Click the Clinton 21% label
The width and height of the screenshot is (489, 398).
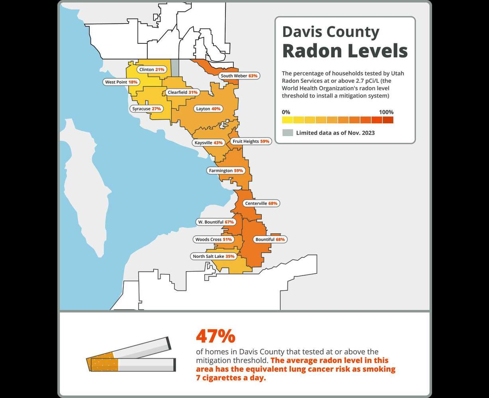coord(152,69)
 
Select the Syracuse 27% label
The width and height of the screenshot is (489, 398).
coord(146,109)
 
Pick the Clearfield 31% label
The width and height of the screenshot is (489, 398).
coord(182,92)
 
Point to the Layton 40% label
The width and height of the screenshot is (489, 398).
coord(208,109)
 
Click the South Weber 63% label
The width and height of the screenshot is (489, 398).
coord(239,76)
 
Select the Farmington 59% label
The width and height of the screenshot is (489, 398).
coord(226,171)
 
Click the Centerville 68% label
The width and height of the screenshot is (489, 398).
coord(261,203)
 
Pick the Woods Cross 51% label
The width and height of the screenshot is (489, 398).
coord(213,240)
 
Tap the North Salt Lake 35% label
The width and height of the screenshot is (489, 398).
coord(213,256)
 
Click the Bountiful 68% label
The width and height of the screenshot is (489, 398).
coord(270,240)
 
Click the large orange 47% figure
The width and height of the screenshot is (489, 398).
coord(215,337)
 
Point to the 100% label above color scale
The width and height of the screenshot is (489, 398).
coord(386,112)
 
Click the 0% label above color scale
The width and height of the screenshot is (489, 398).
coord(286,112)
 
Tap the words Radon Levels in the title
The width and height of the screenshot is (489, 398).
coord(345,51)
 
